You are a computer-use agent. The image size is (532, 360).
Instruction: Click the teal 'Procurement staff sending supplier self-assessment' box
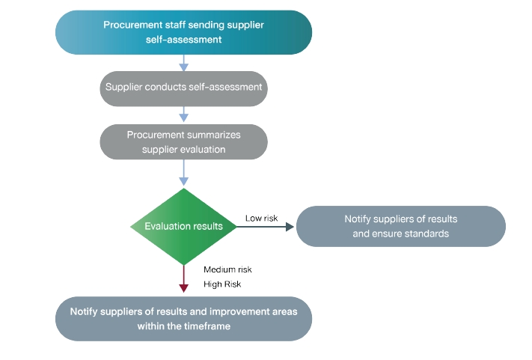click(183, 32)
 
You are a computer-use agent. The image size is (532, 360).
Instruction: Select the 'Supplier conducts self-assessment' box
click(183, 88)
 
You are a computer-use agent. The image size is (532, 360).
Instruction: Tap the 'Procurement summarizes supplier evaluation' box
click(183, 141)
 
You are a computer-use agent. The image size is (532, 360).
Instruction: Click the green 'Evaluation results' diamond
click(183, 226)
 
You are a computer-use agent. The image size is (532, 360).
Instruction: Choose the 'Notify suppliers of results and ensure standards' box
click(400, 226)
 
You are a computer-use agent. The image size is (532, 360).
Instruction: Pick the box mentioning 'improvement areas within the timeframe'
click(183, 319)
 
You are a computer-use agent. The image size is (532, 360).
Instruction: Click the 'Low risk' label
click(261, 219)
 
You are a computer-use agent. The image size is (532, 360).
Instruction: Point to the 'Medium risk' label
click(223, 269)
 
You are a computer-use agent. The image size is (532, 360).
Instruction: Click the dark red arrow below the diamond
click(183, 281)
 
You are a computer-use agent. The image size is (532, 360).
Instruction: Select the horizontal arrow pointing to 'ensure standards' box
click(266, 226)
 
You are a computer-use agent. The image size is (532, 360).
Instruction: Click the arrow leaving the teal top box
click(183, 63)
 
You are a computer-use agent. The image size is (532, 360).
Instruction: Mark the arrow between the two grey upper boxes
click(183, 114)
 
